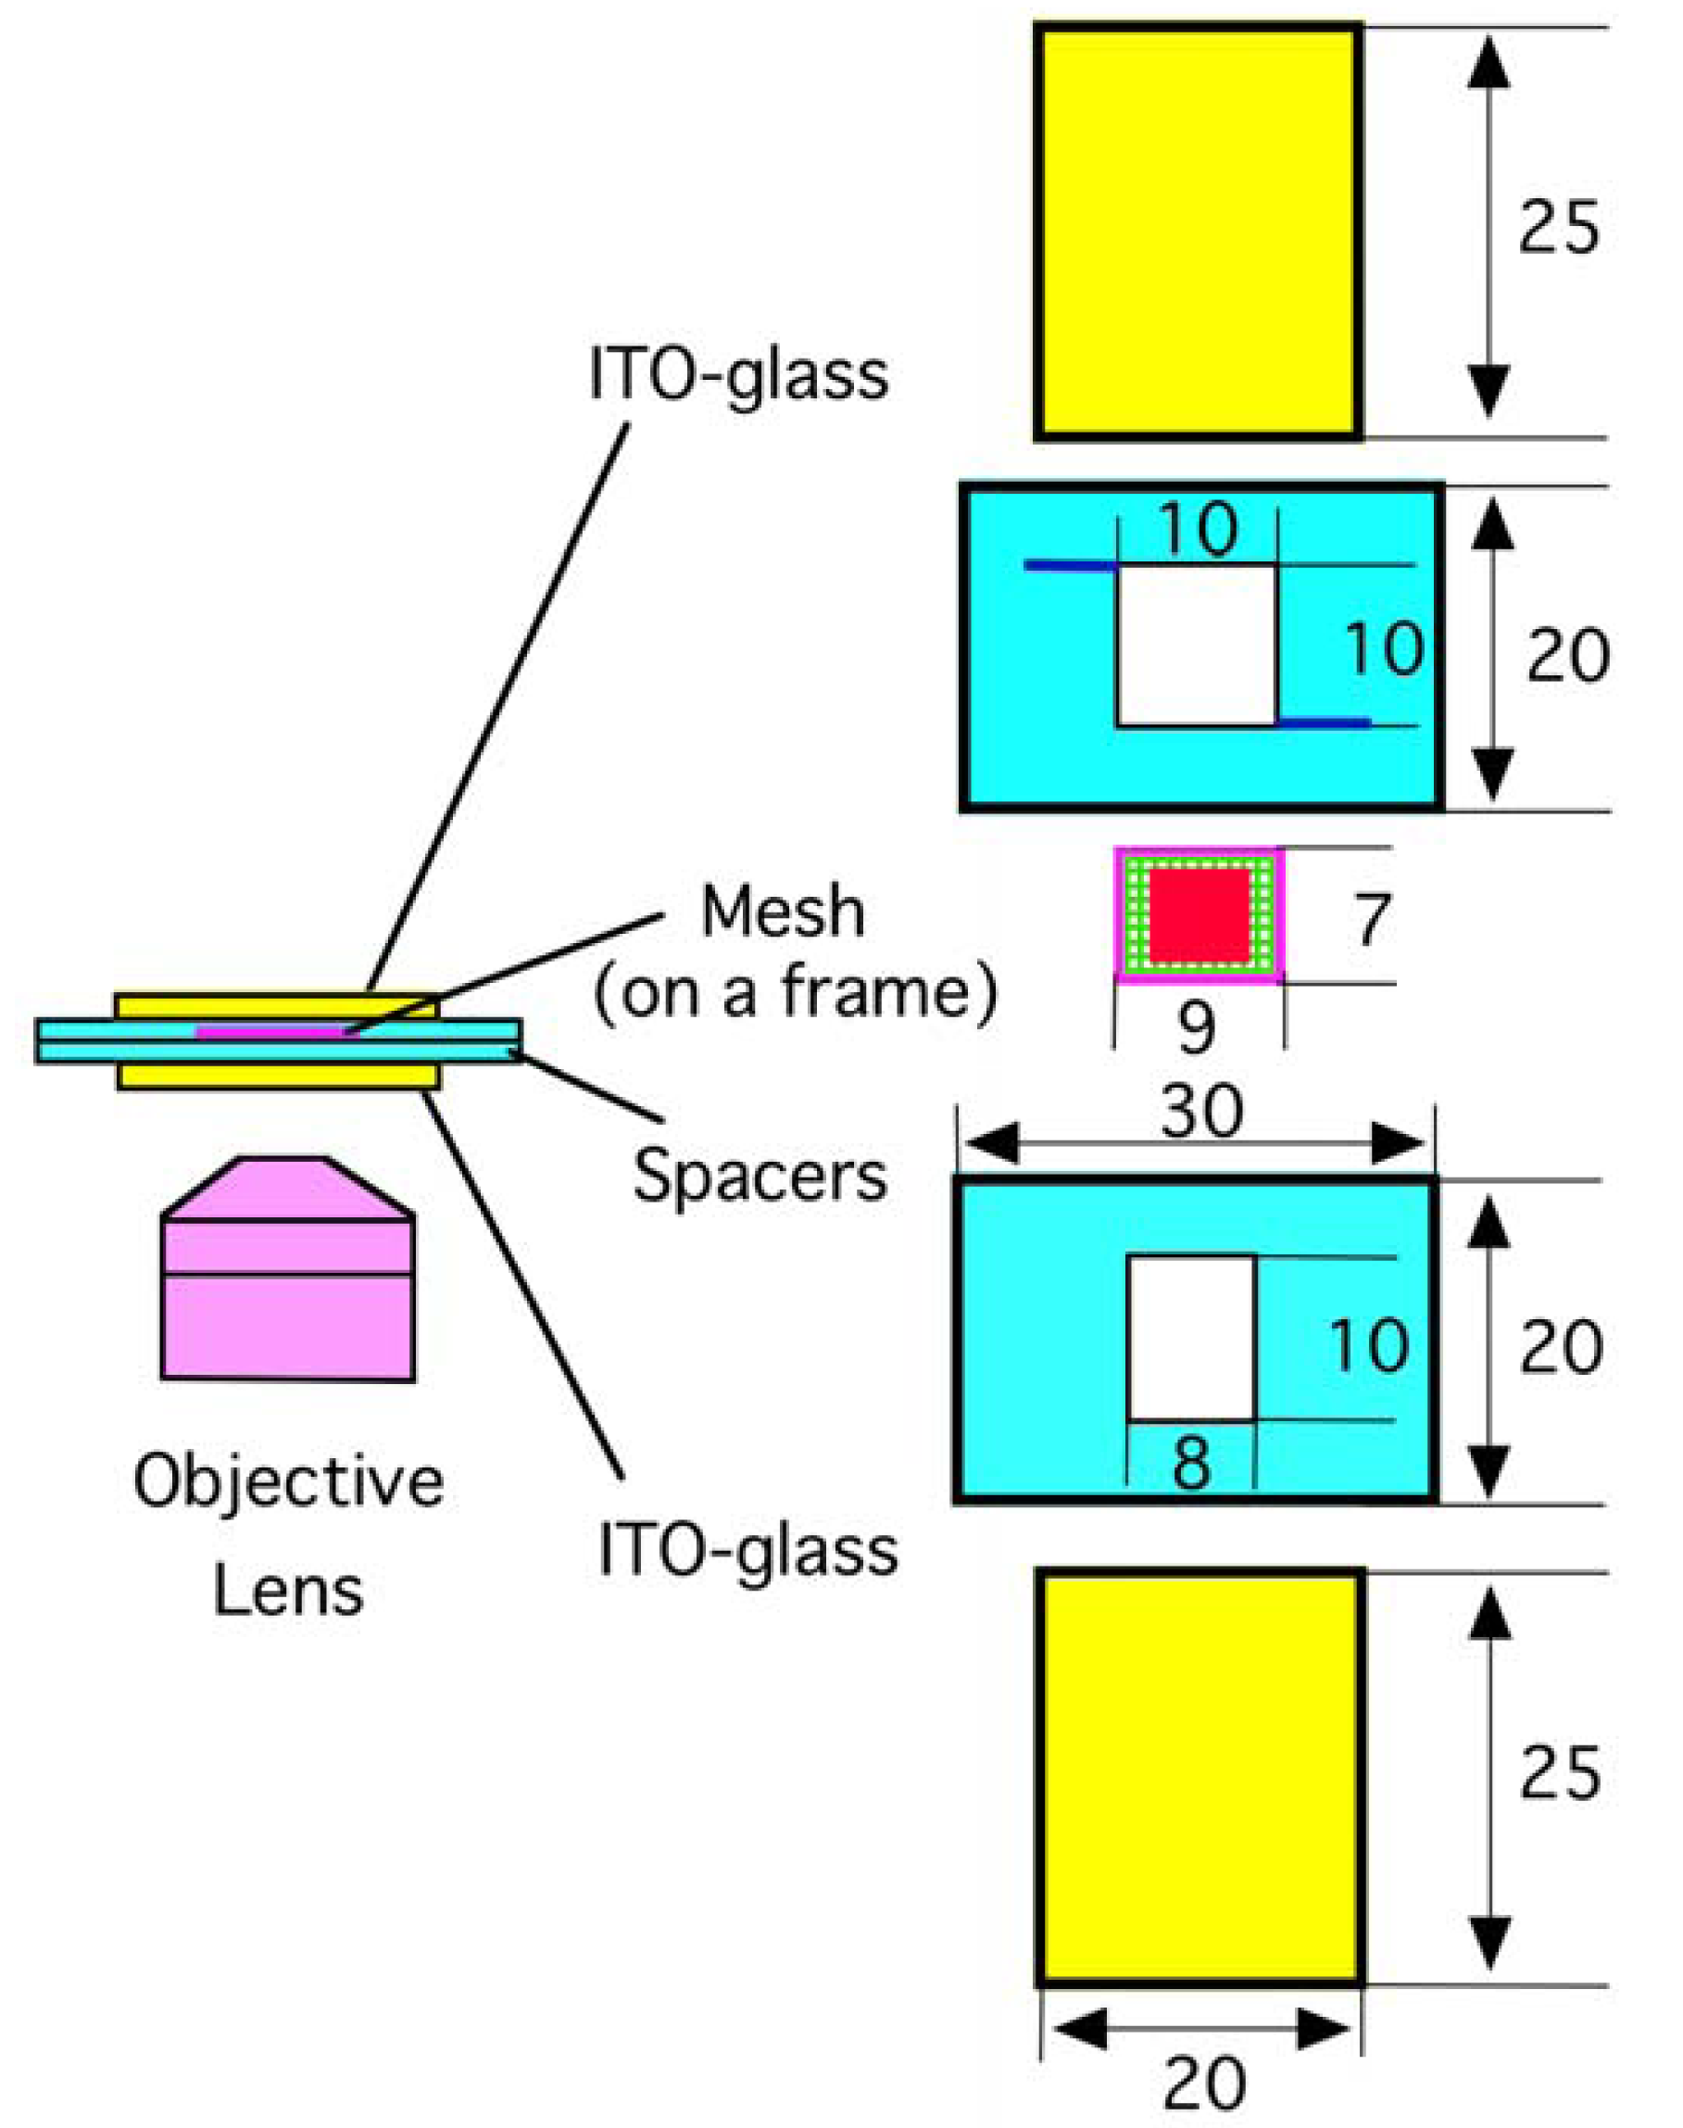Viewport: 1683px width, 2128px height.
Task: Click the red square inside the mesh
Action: tap(1200, 913)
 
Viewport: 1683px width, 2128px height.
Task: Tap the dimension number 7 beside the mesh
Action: tap(1371, 919)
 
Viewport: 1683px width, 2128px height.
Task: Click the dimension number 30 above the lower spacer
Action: tap(1201, 1112)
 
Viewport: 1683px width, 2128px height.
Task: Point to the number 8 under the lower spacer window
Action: tap(1191, 1463)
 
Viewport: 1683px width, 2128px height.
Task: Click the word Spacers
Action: tap(760, 1176)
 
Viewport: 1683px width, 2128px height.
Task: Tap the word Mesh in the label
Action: tap(783, 912)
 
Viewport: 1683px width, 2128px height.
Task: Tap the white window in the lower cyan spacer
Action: tap(1190, 1338)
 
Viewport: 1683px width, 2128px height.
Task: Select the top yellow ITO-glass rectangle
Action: tap(1199, 232)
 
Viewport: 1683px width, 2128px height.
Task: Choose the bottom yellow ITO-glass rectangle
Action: tap(1200, 1777)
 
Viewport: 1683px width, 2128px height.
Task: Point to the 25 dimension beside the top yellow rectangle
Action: tap(1558, 229)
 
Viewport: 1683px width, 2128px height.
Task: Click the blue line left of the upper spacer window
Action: tap(1070, 566)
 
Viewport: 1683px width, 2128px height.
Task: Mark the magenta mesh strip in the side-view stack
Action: tap(271, 1031)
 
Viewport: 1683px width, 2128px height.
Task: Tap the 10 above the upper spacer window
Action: tap(1199, 529)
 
